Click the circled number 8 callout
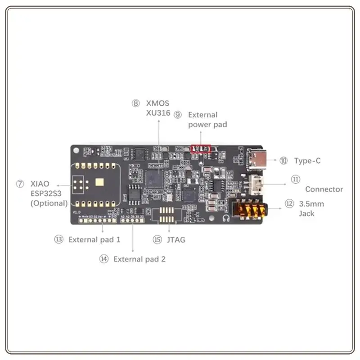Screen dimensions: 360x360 [136, 103]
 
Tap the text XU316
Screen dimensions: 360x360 [158, 113]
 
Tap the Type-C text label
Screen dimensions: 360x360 [307, 161]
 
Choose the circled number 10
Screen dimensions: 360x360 [283, 161]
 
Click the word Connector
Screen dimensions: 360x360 [324, 189]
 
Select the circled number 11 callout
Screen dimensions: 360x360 [295, 179]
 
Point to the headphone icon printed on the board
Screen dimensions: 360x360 [225, 219]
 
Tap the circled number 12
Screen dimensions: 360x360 [289, 204]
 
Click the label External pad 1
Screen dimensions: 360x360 [94, 239]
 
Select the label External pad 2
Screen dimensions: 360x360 [139, 259]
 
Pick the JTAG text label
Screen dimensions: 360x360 [175, 240]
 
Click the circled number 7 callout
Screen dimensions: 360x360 [20, 184]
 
